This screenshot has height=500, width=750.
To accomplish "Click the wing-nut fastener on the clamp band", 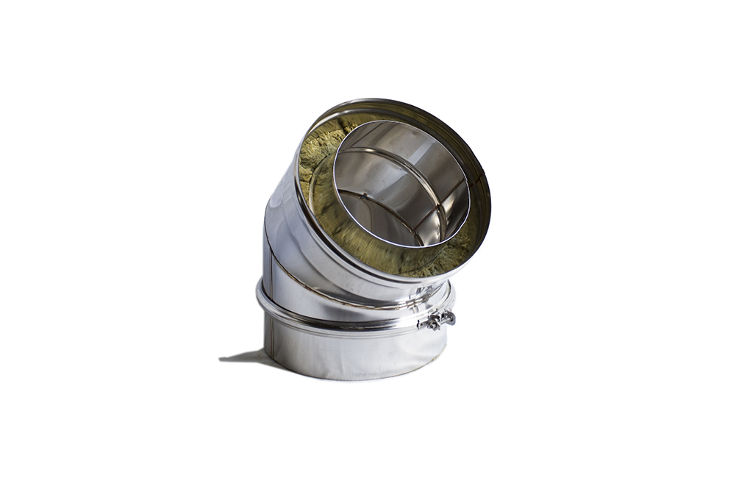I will (x=438, y=320).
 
